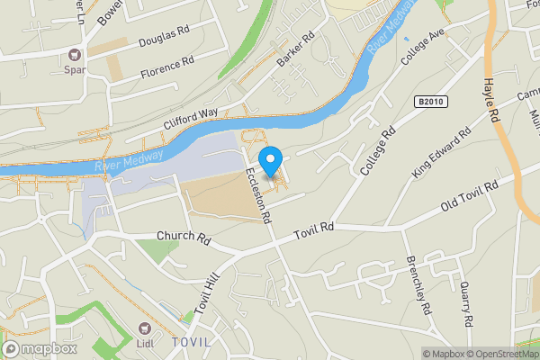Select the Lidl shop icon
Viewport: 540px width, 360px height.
click(x=143, y=333)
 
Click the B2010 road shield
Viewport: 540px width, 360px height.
click(x=432, y=103)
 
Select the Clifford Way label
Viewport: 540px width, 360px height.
click(x=191, y=118)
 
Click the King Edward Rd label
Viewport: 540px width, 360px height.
click(x=441, y=152)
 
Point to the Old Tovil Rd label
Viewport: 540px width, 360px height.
click(x=469, y=198)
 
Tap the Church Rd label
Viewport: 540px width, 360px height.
click(x=183, y=239)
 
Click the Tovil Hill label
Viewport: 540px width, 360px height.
click(x=207, y=295)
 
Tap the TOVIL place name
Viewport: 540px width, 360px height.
click(x=193, y=343)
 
